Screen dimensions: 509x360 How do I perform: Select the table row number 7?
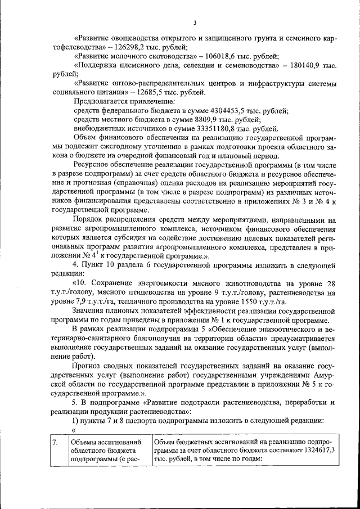point(55,442)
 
